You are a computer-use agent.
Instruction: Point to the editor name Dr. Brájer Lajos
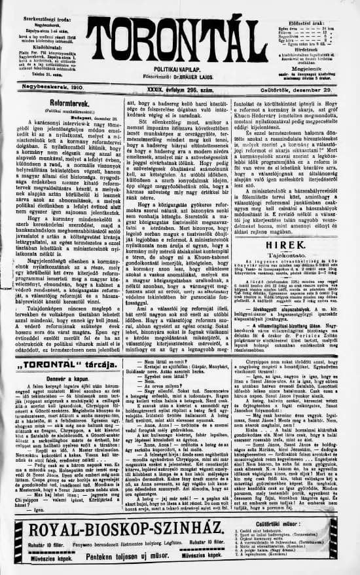coord(179,73)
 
